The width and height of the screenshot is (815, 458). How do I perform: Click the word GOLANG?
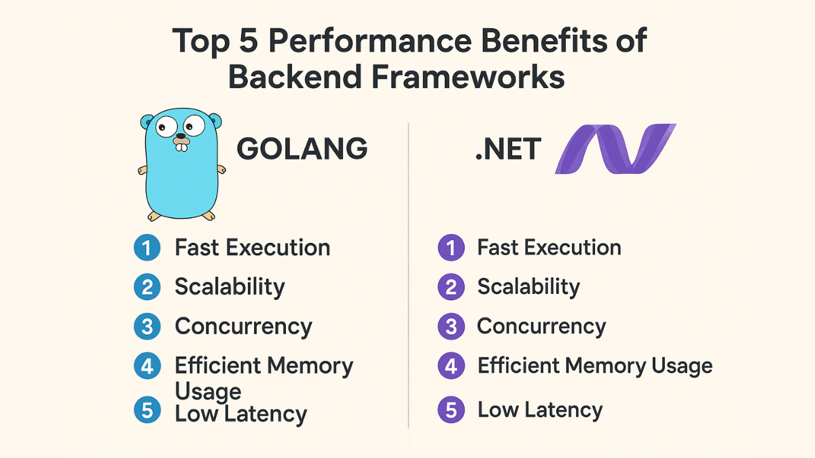click(302, 149)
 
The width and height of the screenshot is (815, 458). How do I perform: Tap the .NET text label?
click(508, 149)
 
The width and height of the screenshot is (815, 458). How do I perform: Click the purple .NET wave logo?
click(615, 149)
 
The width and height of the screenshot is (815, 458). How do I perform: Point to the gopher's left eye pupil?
click(162, 128)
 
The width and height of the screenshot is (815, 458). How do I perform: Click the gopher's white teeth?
click(181, 147)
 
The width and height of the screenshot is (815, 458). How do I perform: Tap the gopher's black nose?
click(181, 136)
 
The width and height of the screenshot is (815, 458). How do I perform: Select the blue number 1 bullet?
click(147, 248)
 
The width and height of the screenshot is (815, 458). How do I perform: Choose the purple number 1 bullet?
click(451, 248)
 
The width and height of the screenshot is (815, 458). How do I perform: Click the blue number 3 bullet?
click(147, 326)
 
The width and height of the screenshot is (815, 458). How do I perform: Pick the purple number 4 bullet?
click(451, 366)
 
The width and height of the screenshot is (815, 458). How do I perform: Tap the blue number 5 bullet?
click(147, 410)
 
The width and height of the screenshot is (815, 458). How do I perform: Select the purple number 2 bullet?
click(451, 287)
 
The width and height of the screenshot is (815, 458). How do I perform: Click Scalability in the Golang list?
click(230, 288)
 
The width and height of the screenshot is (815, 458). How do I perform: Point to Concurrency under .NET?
click(541, 327)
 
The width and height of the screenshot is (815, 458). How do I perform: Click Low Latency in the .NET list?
click(540, 411)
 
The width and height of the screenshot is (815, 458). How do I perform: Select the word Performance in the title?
click(370, 41)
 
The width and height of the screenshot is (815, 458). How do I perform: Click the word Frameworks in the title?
click(468, 76)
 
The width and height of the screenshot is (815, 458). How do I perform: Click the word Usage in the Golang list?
click(208, 392)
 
